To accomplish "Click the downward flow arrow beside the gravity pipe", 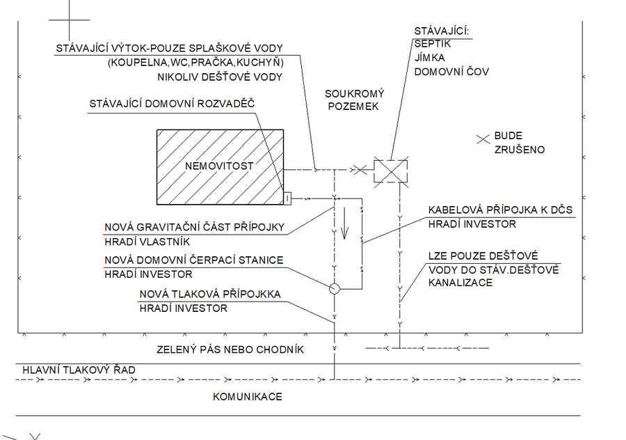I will pyautogui.click(x=342, y=228).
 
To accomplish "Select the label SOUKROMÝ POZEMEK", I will pyautogui.click(x=355, y=100).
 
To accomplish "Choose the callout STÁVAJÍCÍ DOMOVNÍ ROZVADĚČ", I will pyautogui.click(x=172, y=104).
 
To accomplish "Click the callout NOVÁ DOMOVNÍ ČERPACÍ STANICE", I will pyautogui.click(x=194, y=260).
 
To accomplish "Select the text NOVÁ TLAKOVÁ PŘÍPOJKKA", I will pyautogui.click(x=210, y=294).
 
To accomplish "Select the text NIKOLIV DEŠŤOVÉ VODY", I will pyautogui.click(x=220, y=77).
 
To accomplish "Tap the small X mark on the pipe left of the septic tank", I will pyautogui.click(x=359, y=169).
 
